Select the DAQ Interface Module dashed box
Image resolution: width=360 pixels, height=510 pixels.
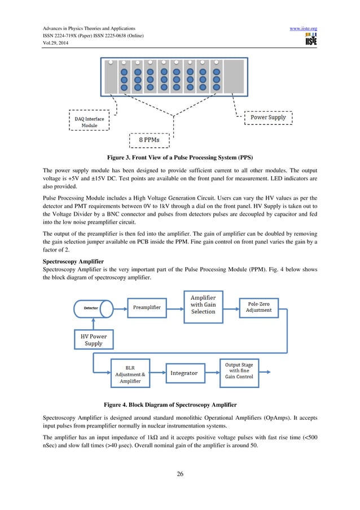tap(90, 121)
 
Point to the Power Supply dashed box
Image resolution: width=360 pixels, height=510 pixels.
tap(268, 118)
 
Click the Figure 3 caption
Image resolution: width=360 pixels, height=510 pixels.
tap(180, 158)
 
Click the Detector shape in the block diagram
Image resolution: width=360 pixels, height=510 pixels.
tap(93, 308)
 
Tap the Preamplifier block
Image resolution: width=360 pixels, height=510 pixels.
tap(147, 308)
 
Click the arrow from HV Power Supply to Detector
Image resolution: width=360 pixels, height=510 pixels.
tap(94, 324)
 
